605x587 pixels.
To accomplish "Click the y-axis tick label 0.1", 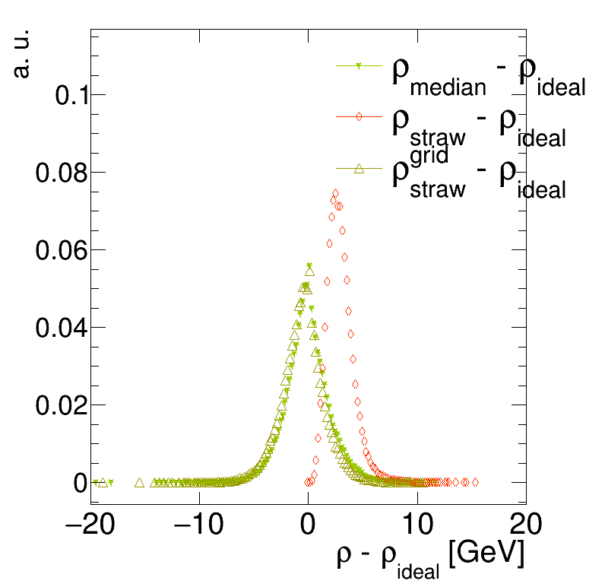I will (71, 96).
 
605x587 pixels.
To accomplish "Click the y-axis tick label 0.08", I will (60, 173).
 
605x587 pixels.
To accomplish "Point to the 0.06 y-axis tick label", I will (60, 251).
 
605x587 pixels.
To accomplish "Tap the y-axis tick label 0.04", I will (60, 328).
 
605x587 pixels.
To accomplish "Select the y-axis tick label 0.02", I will (60, 406).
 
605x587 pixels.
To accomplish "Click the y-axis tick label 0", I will (81, 484).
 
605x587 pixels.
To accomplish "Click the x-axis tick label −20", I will (93, 525).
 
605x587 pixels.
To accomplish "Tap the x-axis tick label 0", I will (308, 525).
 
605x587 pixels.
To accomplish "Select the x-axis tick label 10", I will (417, 525).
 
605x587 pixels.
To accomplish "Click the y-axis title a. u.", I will (23, 54).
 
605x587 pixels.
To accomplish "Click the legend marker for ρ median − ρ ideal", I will (359, 67).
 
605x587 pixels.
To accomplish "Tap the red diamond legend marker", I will (359, 117).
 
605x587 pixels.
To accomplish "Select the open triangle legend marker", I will (359, 169).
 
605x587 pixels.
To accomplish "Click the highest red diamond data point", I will (335, 193).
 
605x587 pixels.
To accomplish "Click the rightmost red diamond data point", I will (475, 482).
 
